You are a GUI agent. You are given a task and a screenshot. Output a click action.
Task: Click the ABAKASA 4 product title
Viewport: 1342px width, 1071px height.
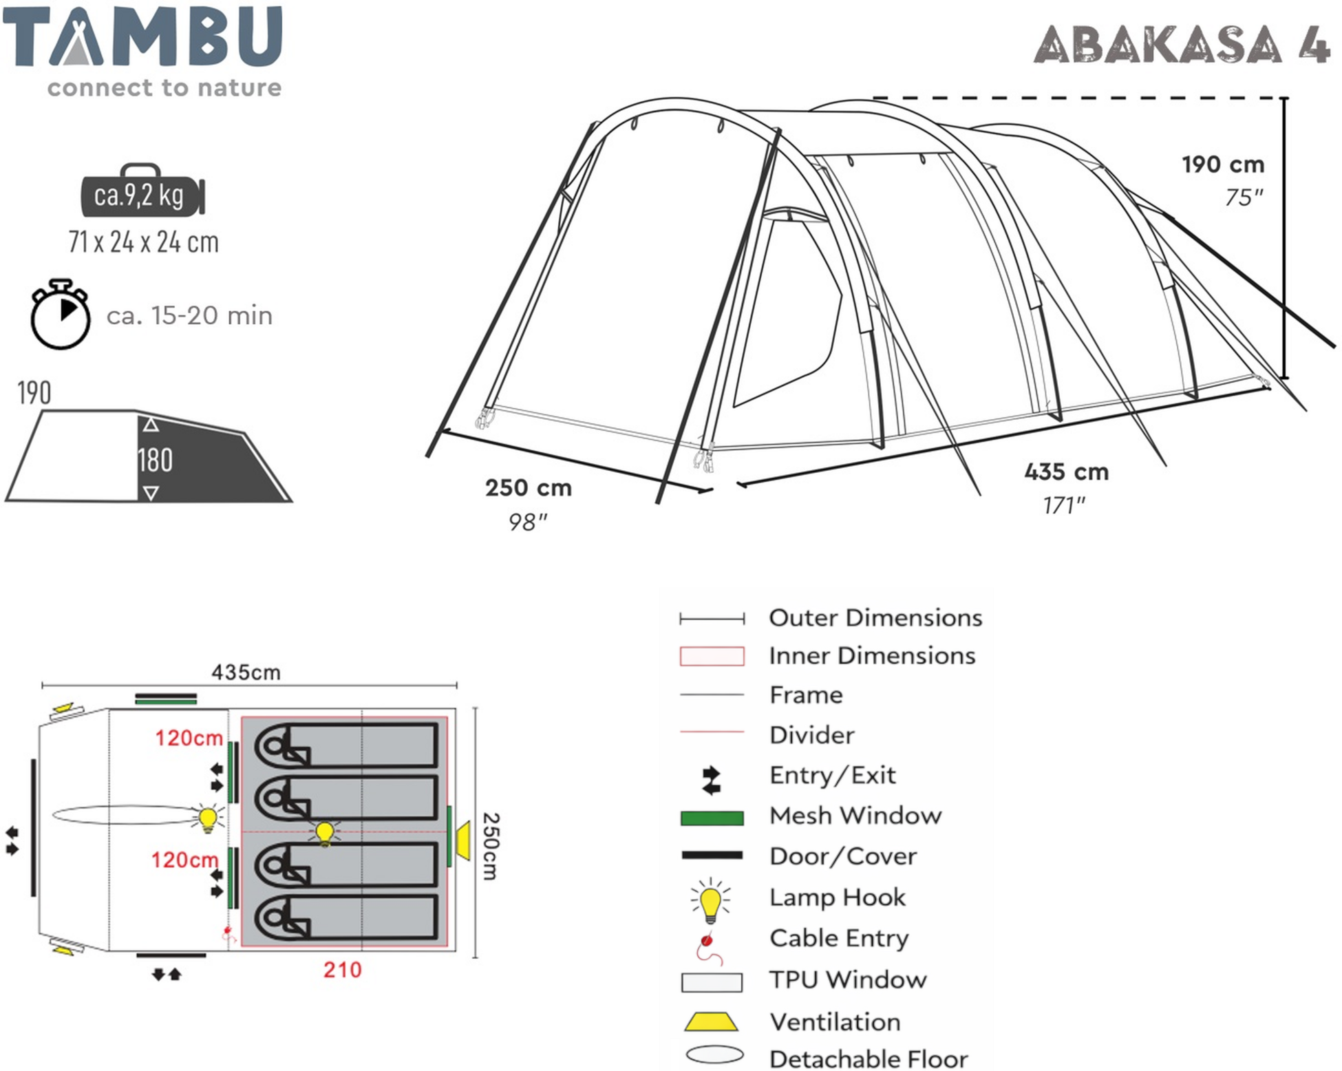click(1181, 45)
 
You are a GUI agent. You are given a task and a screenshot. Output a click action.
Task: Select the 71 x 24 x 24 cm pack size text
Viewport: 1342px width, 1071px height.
click(143, 242)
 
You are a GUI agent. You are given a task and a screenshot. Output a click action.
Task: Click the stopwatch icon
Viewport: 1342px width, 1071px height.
click(61, 315)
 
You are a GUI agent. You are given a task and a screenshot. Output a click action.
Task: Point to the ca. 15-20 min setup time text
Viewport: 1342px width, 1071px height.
click(189, 316)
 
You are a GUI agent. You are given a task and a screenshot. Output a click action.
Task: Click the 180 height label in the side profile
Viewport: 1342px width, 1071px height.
click(155, 460)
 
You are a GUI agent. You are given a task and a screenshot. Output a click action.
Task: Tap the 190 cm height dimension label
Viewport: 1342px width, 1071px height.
click(1223, 165)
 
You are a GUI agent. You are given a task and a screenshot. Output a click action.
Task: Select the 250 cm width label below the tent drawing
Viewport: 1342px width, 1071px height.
click(528, 488)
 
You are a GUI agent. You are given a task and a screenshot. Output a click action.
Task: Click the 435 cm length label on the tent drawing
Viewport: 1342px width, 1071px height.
click(1066, 472)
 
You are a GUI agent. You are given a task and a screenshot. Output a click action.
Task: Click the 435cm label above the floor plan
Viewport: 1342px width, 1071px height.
click(246, 672)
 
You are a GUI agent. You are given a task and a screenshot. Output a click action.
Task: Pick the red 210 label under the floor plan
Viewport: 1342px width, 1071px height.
click(342, 970)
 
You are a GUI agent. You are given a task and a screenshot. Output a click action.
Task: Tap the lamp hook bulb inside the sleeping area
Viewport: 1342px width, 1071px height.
click(325, 832)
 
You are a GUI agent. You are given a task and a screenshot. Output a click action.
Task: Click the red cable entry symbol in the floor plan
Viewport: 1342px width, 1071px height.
click(228, 933)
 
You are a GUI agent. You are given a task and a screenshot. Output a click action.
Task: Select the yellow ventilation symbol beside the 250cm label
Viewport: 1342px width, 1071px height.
click(463, 840)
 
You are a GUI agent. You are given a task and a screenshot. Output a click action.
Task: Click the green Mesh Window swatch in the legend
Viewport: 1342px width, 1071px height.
click(712, 817)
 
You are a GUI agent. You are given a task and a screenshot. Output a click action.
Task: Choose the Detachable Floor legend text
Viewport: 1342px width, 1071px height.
click(868, 1058)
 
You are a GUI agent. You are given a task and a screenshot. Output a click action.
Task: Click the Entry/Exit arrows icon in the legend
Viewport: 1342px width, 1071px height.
click(711, 780)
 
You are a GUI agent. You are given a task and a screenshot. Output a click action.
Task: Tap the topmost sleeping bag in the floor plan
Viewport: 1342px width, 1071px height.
click(347, 745)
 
